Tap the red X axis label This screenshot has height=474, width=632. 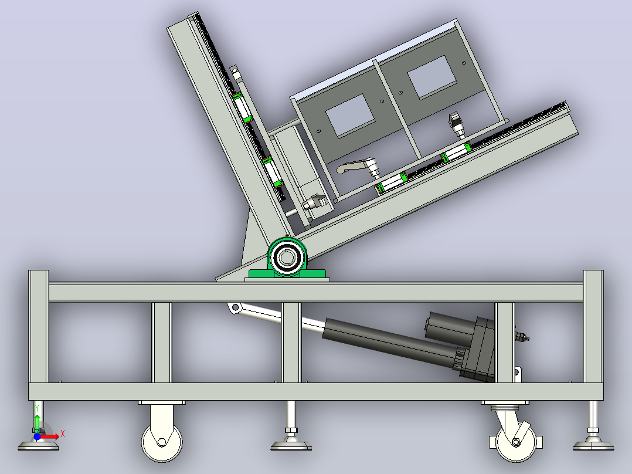63,435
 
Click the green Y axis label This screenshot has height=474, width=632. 37,408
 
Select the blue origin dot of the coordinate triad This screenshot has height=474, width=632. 37,437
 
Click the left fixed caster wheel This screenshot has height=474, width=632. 162,442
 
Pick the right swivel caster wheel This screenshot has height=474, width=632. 517,442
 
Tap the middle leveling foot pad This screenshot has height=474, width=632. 291,445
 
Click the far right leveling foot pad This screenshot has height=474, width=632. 593,445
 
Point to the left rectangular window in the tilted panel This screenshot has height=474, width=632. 350,116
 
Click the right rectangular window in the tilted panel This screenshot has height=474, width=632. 431,77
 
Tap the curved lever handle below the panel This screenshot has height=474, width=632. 356,166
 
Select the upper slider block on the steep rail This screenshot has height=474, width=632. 243,108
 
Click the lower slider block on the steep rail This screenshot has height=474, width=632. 273,172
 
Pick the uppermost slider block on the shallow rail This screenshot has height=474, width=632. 457,153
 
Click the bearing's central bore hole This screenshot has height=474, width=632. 287,258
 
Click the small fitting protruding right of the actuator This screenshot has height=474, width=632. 522,336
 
